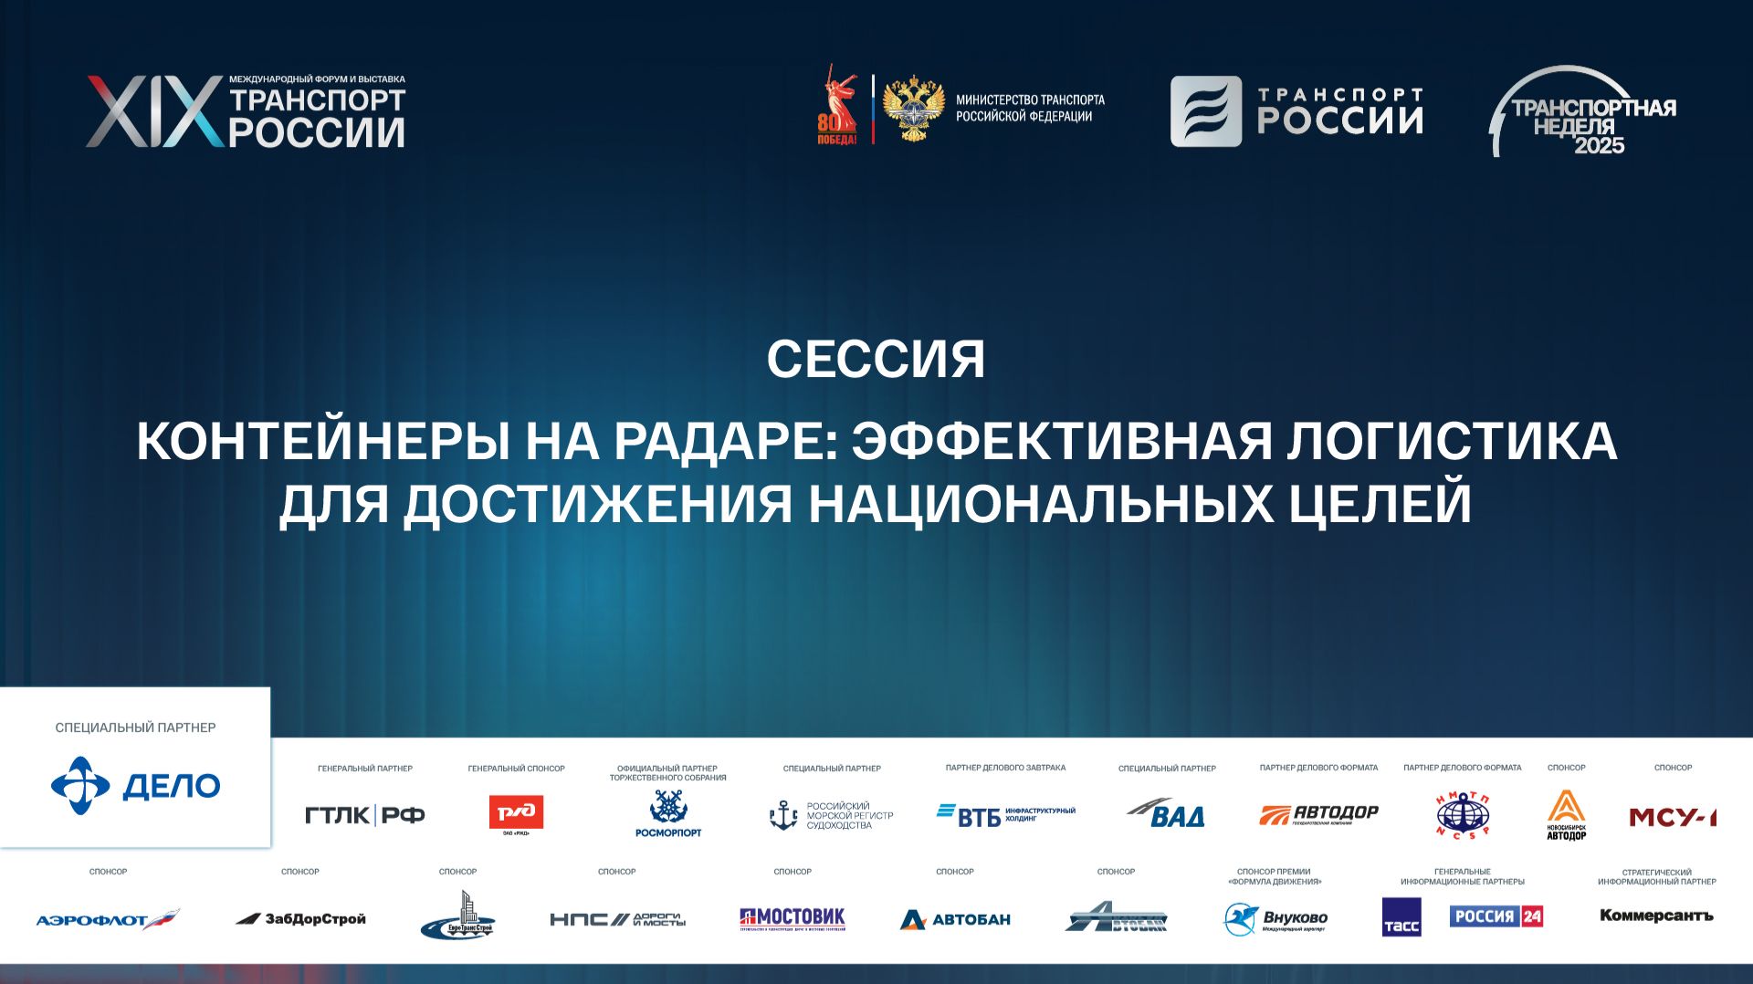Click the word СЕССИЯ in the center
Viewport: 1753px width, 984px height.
(x=876, y=360)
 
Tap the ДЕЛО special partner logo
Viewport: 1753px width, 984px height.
(x=135, y=786)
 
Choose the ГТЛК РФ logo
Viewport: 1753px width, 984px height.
(x=364, y=815)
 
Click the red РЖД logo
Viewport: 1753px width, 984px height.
(x=516, y=812)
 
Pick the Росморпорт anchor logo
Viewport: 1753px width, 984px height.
(x=668, y=812)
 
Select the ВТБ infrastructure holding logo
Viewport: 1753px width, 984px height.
(x=1005, y=814)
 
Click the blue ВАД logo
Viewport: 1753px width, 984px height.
(x=1167, y=812)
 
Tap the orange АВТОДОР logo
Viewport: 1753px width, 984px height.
(x=1318, y=813)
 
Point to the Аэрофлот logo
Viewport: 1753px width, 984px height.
(x=108, y=920)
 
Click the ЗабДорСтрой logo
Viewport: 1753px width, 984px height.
(x=300, y=919)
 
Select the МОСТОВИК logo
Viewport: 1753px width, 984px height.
(x=793, y=918)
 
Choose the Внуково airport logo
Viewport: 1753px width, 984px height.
(x=1275, y=919)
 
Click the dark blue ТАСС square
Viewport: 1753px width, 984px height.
(x=1401, y=917)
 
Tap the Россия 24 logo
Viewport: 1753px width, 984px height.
(x=1496, y=916)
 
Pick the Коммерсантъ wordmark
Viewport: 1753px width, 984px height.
(x=1656, y=916)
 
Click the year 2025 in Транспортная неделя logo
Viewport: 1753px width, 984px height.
(x=1599, y=145)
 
